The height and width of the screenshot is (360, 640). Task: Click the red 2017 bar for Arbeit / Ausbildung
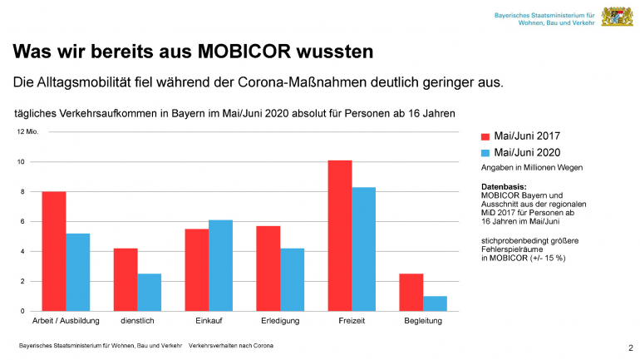click(54, 251)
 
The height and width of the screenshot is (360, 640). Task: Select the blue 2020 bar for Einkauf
click(221, 265)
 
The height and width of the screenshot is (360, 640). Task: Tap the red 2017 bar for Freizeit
click(340, 235)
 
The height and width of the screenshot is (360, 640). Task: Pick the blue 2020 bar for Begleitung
click(436, 303)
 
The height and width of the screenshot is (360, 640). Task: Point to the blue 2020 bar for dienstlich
click(150, 292)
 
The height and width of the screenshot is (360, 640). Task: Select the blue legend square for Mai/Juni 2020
click(486, 153)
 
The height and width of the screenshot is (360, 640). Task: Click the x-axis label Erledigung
click(280, 320)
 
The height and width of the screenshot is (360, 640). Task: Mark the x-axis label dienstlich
click(137, 320)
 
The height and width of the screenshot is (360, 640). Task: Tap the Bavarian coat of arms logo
click(615, 17)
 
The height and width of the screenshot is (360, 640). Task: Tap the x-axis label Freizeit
click(352, 320)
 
